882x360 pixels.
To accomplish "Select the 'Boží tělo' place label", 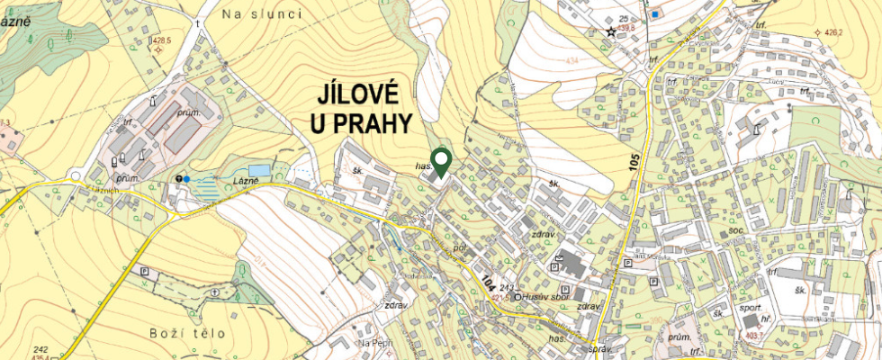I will coord(188,334).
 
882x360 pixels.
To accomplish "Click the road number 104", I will coord(486,282).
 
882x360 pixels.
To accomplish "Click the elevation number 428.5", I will coord(162,40).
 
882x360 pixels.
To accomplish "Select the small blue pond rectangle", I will coord(259,170).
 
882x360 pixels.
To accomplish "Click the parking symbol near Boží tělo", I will coord(145,269).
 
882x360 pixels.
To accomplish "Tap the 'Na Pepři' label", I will coord(376,344).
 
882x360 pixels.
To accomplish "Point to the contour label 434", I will coord(571,61).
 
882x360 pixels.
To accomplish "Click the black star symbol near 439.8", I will coord(611,31).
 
